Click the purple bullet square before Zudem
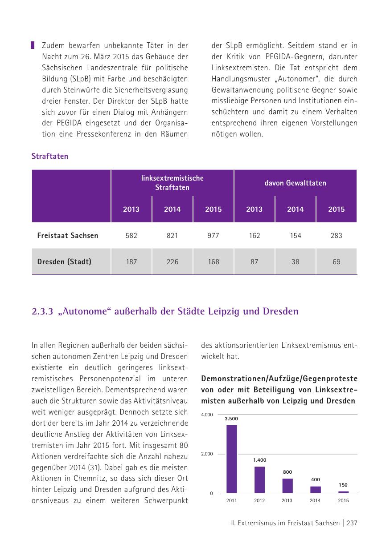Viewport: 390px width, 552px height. click(33, 45)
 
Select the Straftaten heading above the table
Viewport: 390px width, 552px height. click(49, 157)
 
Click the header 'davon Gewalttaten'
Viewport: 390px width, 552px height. click(295, 183)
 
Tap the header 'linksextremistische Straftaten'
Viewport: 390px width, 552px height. click(172, 183)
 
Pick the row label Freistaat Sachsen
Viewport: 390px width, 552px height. click(68, 235)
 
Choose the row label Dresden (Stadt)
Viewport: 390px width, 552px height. click(64, 262)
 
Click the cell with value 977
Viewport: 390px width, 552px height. click(213, 235)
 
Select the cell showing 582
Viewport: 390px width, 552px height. click(131, 235)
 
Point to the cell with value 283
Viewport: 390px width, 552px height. click(337, 235)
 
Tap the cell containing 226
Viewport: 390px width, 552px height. click(172, 262)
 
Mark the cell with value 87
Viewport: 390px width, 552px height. click(255, 262)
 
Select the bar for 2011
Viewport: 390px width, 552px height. click(232, 459)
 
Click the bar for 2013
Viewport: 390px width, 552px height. click(287, 485)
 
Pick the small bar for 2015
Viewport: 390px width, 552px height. click(343, 492)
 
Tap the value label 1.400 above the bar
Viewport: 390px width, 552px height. click(259, 460)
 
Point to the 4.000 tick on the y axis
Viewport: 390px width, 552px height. click(207, 415)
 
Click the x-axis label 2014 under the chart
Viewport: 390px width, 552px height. click(315, 500)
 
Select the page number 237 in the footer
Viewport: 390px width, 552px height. click(352, 524)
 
